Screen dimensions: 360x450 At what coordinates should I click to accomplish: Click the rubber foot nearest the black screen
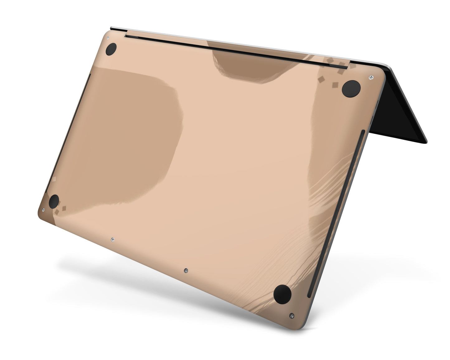[x=351, y=88]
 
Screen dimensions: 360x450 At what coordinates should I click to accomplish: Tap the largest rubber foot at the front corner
[x=282, y=293]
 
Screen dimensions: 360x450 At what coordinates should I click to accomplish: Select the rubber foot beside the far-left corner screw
[x=54, y=201]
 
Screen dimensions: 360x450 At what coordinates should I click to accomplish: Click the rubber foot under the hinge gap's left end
[x=111, y=50]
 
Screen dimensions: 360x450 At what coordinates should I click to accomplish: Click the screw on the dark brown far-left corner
[x=43, y=210]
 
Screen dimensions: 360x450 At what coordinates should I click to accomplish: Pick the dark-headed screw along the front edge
[x=186, y=270]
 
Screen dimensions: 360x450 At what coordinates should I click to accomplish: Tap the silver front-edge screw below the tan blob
[x=112, y=239]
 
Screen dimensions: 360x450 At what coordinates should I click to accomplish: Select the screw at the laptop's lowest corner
[x=291, y=315]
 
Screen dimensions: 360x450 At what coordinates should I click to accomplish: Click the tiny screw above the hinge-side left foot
[x=108, y=38]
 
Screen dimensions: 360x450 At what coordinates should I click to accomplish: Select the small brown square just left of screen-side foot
[x=335, y=85]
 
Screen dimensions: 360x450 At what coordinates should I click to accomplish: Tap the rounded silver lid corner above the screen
[x=386, y=66]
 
